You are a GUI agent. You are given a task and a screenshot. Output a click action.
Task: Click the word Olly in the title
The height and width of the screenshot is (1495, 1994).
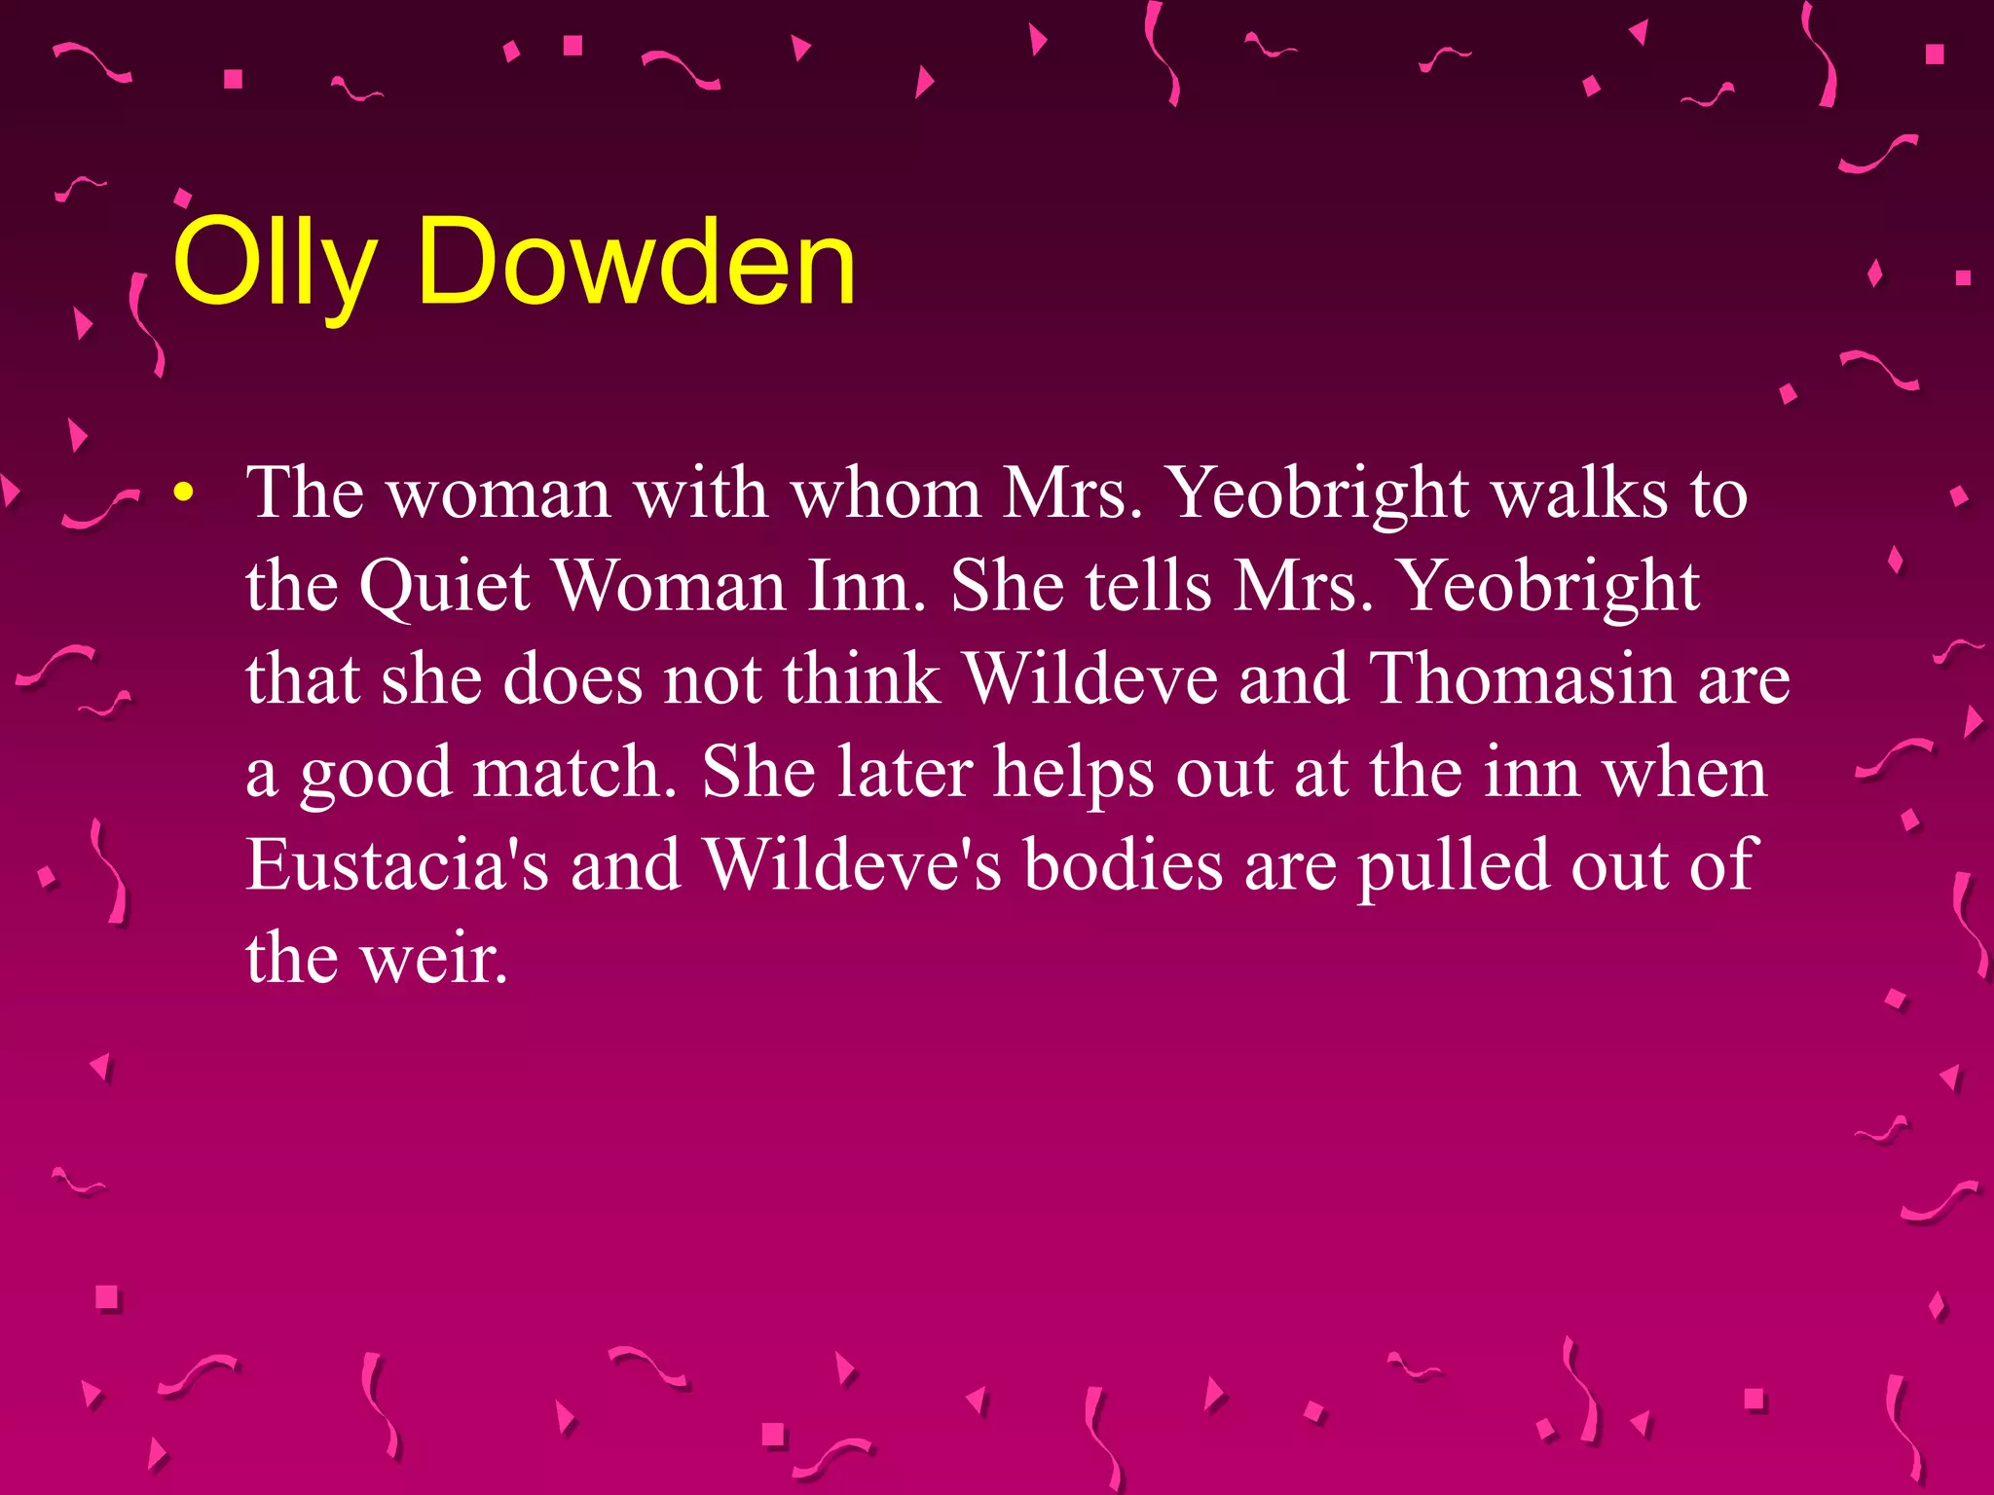(x=274, y=263)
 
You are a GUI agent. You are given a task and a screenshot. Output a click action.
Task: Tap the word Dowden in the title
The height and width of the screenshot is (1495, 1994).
(x=637, y=263)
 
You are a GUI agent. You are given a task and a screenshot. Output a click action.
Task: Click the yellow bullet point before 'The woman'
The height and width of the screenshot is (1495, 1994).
(x=183, y=493)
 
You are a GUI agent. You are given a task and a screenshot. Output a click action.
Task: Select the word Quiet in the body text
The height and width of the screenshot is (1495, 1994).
(x=444, y=586)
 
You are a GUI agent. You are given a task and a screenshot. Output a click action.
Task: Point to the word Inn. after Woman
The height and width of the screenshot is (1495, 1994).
(x=867, y=586)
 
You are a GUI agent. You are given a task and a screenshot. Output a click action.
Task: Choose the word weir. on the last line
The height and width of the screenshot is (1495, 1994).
(x=434, y=958)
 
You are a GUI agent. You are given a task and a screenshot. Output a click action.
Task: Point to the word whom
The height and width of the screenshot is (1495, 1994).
(x=885, y=493)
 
